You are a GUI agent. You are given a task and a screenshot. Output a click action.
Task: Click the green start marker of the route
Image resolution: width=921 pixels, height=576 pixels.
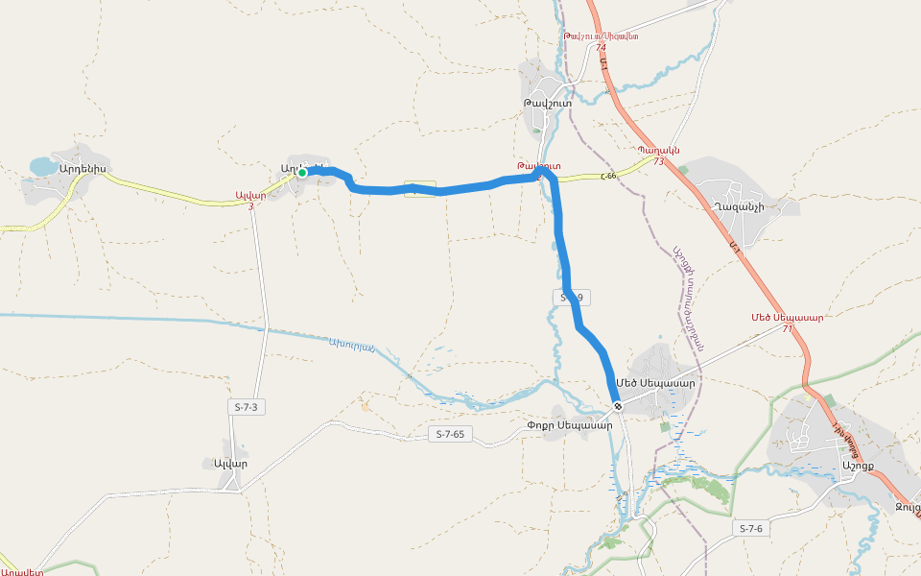[301, 173]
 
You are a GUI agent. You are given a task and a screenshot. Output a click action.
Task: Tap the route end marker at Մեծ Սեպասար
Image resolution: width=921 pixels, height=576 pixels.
[619, 406]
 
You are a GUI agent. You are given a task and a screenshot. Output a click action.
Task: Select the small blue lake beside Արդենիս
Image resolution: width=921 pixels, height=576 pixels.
[43, 167]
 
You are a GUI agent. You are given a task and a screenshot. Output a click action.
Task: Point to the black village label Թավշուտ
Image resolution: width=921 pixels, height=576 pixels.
[548, 103]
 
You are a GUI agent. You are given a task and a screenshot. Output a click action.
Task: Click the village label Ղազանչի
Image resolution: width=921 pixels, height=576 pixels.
[739, 206]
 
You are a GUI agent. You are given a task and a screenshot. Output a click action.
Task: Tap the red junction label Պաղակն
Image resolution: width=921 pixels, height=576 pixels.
[658, 150]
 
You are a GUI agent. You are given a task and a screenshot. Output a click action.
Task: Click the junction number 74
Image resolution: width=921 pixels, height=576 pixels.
[601, 47]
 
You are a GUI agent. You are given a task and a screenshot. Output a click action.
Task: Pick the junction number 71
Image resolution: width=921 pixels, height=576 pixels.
[788, 328]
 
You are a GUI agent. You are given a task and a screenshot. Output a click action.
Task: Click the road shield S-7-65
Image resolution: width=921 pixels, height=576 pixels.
[449, 434]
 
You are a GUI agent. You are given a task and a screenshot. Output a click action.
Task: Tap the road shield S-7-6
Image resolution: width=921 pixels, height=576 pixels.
[752, 528]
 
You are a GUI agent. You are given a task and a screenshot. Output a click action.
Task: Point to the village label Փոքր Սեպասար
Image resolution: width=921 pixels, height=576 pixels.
[569, 425]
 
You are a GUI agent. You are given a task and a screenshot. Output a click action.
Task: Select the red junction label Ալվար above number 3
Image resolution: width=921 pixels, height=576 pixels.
[250, 195]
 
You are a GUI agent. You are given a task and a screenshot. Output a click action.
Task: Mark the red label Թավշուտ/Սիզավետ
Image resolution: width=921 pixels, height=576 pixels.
[602, 36]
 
